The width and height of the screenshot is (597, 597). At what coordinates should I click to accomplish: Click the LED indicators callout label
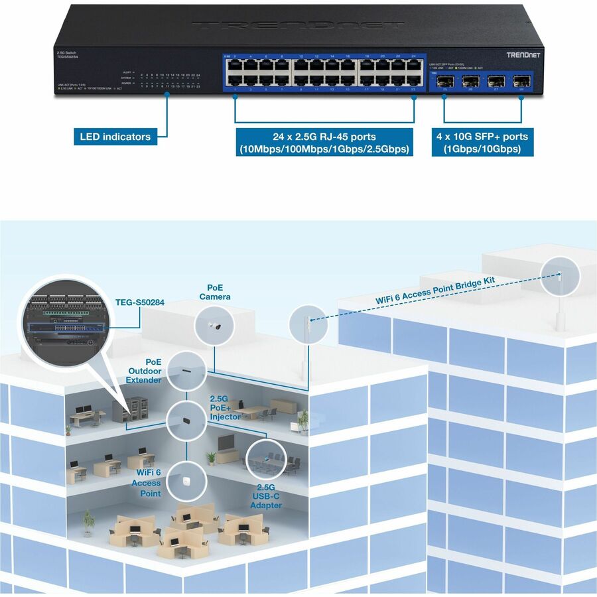[x=115, y=137]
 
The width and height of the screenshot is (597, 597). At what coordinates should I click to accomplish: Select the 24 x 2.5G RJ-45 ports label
[x=324, y=143]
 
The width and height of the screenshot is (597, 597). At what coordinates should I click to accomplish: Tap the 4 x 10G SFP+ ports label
[x=482, y=143]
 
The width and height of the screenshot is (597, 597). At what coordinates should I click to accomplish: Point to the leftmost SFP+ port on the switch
[x=444, y=84]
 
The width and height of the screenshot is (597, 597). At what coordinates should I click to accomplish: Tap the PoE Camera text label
[x=215, y=292]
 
